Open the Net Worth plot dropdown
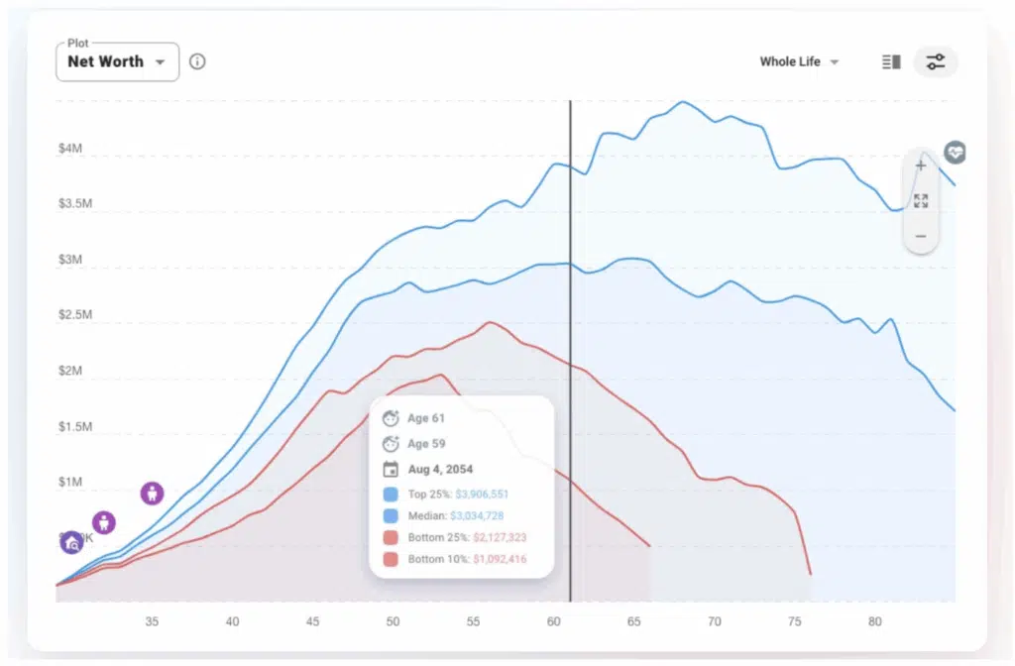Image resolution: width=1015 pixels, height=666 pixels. point(117,61)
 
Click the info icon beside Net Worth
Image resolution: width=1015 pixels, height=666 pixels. point(197,61)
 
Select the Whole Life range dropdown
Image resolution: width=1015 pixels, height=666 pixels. point(799,61)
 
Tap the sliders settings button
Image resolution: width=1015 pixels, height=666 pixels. point(935,61)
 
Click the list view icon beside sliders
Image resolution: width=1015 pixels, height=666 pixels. point(891,61)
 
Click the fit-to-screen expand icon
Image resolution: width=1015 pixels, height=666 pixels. point(921,201)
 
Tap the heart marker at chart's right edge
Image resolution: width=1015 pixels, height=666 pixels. point(955,153)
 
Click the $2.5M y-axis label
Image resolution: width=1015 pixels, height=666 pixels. point(75,315)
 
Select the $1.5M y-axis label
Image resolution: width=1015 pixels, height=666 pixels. point(75,427)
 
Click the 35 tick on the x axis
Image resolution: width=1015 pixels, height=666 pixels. point(152,621)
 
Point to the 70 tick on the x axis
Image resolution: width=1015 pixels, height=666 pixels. point(714,621)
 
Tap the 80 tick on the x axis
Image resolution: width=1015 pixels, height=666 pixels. point(874,621)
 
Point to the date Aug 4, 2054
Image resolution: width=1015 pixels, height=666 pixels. point(440,470)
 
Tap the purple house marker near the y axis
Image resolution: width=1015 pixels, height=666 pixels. point(71,542)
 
